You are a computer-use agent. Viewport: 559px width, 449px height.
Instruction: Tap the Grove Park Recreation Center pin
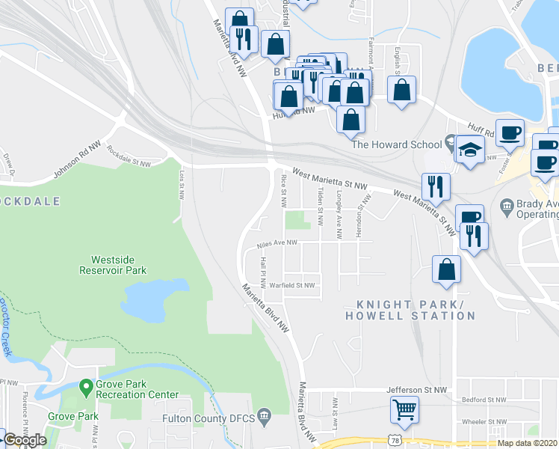pyautogui.click(x=87, y=385)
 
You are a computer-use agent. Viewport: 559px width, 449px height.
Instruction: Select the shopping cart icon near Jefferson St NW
pyautogui.click(x=404, y=409)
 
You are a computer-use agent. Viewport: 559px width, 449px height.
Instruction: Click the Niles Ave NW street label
pyautogui.click(x=277, y=243)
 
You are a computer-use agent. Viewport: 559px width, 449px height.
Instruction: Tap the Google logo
pyautogui.click(x=25, y=440)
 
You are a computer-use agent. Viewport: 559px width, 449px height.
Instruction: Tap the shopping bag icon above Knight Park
pyautogui.click(x=446, y=269)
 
